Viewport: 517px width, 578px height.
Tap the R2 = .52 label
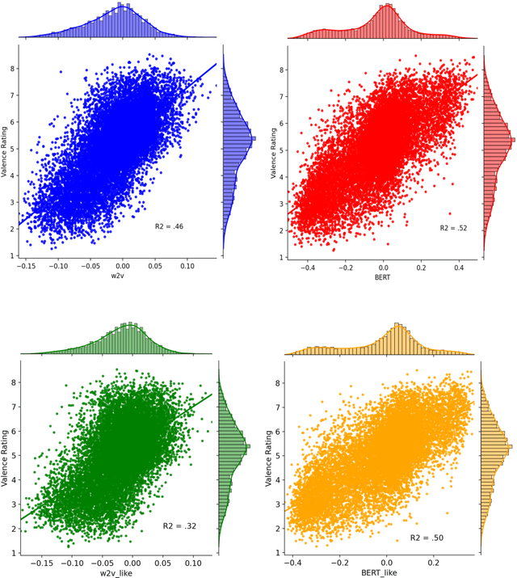tap(454, 229)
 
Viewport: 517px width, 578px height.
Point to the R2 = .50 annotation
tap(427, 538)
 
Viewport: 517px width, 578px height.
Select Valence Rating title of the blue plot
tap(6, 151)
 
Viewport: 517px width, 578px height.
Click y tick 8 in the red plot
tap(280, 70)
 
